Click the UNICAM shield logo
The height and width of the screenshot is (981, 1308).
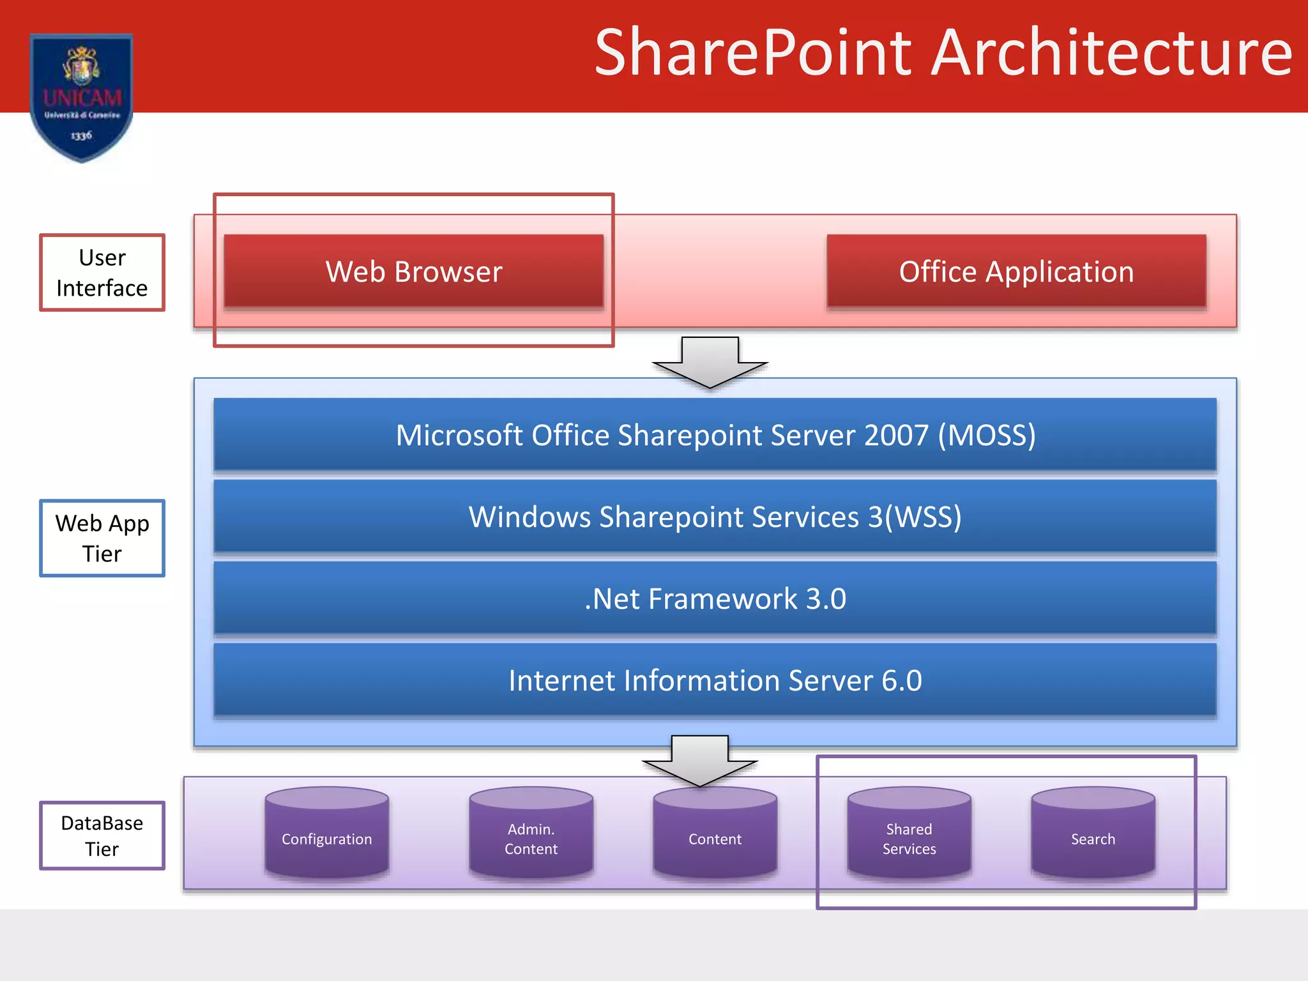click(x=82, y=96)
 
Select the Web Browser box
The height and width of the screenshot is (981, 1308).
click(x=413, y=271)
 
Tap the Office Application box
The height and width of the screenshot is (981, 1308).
click(x=1015, y=271)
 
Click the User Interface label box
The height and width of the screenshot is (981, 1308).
click(x=102, y=273)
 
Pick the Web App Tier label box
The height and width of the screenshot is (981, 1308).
click(x=102, y=538)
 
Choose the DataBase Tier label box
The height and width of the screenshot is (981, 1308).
click(x=102, y=835)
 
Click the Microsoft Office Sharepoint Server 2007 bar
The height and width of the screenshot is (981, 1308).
click(x=715, y=435)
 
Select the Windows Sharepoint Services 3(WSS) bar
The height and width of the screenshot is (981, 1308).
click(x=715, y=517)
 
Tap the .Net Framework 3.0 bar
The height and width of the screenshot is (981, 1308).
click(x=715, y=598)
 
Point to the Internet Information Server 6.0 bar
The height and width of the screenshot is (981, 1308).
click(x=715, y=680)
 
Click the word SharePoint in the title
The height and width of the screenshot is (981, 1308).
click(x=753, y=54)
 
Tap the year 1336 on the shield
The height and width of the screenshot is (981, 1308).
click(x=81, y=135)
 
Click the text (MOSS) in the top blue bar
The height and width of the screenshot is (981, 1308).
click(x=987, y=435)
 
